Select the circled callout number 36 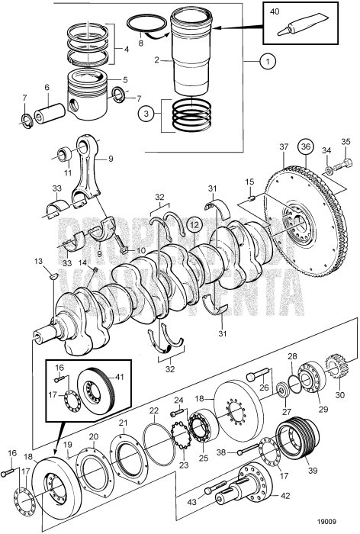click(307, 146)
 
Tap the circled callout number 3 click(146, 115)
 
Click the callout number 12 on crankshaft click(194, 224)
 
